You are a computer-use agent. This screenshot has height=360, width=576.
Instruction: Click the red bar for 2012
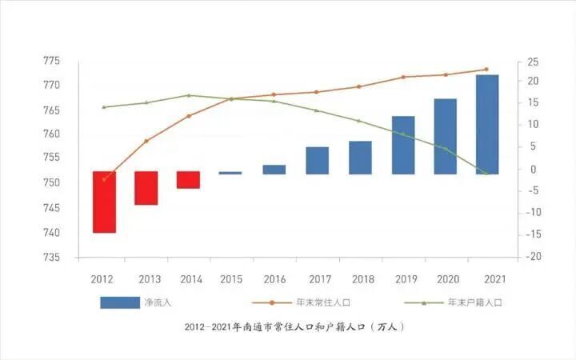click(104, 202)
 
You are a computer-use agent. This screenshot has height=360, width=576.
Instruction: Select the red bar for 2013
click(146, 188)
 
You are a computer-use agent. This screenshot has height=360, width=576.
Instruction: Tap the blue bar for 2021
click(486, 124)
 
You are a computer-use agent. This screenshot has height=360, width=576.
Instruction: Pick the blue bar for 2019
click(403, 145)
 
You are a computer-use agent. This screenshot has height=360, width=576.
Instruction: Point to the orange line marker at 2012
click(104, 179)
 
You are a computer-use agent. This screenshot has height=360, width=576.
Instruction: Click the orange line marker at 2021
click(486, 70)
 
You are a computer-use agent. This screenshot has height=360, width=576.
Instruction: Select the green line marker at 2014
click(189, 95)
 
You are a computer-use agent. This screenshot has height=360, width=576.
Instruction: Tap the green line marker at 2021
click(486, 173)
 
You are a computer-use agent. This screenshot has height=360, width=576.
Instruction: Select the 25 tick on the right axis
click(532, 61)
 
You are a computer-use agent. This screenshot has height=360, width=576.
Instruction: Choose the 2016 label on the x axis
click(274, 278)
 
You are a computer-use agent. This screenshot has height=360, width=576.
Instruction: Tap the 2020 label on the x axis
click(446, 278)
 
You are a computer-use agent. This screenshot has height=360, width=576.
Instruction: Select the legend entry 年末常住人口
click(323, 302)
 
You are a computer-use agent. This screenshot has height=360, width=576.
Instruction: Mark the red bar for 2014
click(189, 180)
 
